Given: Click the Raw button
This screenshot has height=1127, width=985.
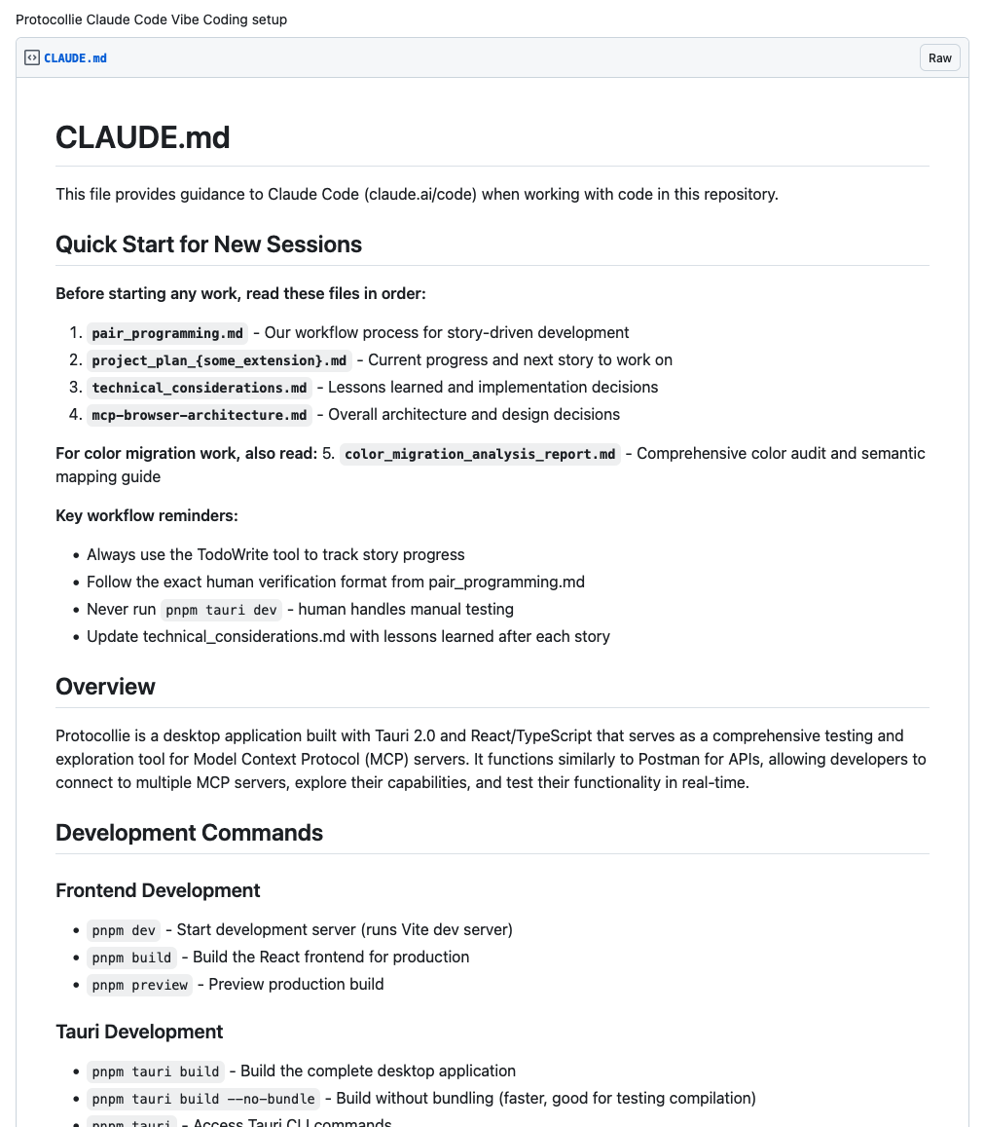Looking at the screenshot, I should pos(939,58).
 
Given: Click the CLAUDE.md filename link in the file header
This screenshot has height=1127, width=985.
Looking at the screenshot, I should pos(75,58).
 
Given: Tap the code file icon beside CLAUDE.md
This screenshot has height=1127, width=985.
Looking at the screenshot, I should pos(32,58).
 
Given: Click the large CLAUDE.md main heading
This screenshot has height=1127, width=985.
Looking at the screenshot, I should pos(142,137).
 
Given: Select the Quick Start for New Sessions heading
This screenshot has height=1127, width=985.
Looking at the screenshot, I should pos(208,244).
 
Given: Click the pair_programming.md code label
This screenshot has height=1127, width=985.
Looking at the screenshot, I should pos(167,333).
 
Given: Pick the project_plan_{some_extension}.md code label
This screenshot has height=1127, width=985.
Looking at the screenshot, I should pos(219,360).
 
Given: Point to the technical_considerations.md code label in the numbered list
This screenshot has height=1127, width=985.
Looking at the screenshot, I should pos(200,388).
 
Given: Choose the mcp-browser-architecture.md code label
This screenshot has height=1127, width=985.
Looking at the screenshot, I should pos(200,415).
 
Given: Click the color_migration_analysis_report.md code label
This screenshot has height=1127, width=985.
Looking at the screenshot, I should pos(480,454).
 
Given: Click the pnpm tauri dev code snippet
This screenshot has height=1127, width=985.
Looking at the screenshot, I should pos(221,610).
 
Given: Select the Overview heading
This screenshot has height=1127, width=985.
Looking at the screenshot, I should pos(105,687).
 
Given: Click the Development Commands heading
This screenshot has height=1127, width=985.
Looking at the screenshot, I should pos(189,833).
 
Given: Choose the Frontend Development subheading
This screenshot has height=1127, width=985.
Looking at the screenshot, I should pos(158,890).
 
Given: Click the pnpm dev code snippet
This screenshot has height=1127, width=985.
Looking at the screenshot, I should pos(124,930).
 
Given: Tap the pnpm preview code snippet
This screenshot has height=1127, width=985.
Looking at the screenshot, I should pos(139,985).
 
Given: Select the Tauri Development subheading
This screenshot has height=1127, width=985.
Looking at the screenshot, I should pos(139,1032).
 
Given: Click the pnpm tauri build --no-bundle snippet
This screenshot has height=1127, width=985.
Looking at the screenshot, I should pos(202,1099).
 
